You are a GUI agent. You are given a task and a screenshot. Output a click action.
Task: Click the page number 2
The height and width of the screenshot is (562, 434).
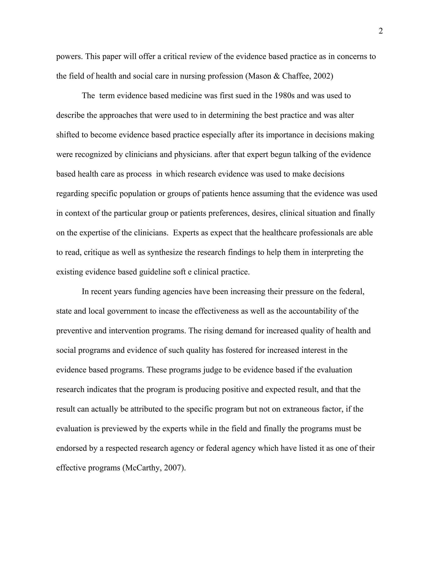pos(381,31)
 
